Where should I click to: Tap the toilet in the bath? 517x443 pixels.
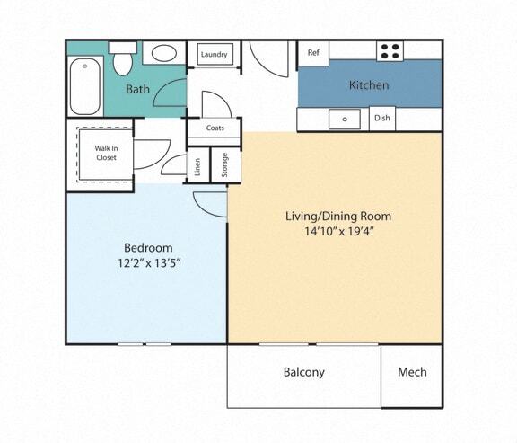123,60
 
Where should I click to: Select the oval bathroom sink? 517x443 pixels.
163,54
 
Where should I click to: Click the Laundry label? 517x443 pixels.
215,55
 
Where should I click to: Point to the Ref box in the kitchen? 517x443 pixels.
313,53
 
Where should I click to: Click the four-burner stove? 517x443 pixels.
389,51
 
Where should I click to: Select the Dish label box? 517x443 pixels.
381,119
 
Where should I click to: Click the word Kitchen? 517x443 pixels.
369,86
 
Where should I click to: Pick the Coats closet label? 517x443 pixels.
215,128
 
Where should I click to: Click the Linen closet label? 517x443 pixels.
197,166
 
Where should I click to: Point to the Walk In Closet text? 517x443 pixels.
106,152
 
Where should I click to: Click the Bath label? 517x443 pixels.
137,89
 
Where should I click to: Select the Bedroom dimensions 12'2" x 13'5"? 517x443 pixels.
148,264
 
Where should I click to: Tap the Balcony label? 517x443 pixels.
303,372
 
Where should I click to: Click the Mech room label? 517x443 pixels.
412,372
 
